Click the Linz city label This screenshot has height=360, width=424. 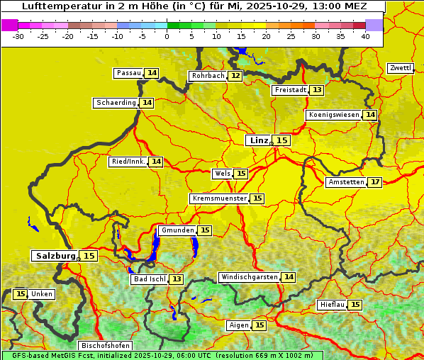pyautogui.click(x=259, y=140)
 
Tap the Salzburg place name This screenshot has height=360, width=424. pyautogui.click(x=55, y=256)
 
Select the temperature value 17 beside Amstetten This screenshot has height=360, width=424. pyautogui.click(x=375, y=182)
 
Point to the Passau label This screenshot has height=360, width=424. pyautogui.click(x=129, y=73)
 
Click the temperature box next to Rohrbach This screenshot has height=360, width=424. pyautogui.click(x=235, y=76)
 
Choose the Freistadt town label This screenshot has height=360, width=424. pyautogui.click(x=290, y=90)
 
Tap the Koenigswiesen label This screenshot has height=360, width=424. pyautogui.click(x=334, y=115)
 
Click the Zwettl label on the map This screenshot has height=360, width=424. pyautogui.click(x=401, y=68)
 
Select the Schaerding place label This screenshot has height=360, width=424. pyautogui.click(x=116, y=103)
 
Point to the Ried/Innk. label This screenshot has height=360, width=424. pyautogui.click(x=128, y=162)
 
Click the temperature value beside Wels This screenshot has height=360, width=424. pyautogui.click(x=241, y=174)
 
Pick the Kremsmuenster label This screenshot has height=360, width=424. pyautogui.click(x=219, y=198)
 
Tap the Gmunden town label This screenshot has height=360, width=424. pyautogui.click(x=177, y=230)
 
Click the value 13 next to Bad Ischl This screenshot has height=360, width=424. pyautogui.click(x=176, y=279)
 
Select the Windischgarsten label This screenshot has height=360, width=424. pyautogui.click(x=249, y=277)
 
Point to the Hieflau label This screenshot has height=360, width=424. pyautogui.click(x=333, y=305)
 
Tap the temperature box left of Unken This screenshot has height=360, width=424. pyautogui.click(x=20, y=294)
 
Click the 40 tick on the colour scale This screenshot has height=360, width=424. pyautogui.click(x=365, y=37)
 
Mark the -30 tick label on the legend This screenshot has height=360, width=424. pyautogui.click(x=18, y=37)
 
